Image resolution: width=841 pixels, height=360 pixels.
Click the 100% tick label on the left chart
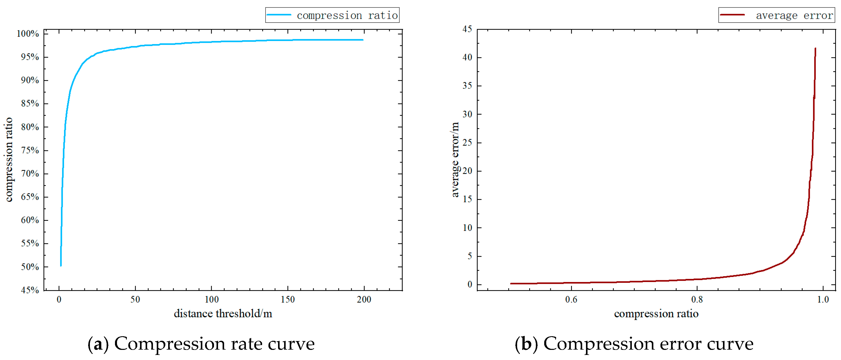(28, 34)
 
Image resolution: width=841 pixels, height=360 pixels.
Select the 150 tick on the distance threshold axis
(288, 299)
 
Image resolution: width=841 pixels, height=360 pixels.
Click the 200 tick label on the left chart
(364, 299)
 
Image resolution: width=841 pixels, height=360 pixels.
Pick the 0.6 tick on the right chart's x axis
(571, 299)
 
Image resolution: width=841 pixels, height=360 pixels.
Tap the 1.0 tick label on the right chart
(823, 299)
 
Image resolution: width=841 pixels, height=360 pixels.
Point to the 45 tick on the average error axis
(467, 29)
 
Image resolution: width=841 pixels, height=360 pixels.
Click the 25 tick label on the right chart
(467, 143)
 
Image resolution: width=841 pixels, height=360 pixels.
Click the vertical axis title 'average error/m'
(455, 159)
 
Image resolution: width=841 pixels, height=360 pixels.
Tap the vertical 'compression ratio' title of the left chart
(9, 159)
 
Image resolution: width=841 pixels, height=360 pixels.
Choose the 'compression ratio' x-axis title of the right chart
(656, 314)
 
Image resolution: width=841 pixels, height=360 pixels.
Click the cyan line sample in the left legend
(279, 15)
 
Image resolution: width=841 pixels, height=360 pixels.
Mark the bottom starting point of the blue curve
(61, 265)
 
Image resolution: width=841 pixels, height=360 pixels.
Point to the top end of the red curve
(815, 49)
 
